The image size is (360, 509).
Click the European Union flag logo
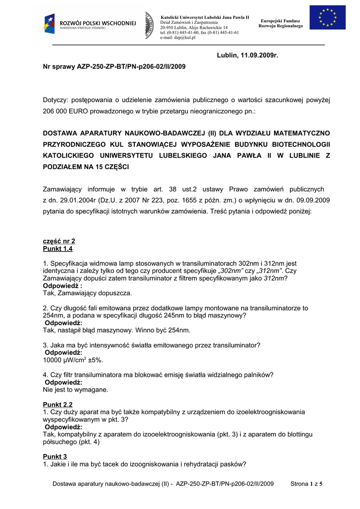[x=328, y=17]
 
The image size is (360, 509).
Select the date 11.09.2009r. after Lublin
[x=259, y=54]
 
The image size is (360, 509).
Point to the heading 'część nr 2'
[x=59, y=241]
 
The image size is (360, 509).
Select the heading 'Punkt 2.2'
[x=58, y=405]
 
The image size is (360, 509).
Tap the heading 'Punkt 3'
[x=55, y=456]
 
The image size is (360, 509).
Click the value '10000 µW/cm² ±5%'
[x=73, y=359]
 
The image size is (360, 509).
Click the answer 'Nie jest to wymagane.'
[x=76, y=390]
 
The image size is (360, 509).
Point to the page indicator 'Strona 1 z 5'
[x=306, y=484]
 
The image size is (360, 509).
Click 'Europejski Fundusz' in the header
[x=280, y=21]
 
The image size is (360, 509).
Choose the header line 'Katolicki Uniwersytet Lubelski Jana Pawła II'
[x=204, y=17]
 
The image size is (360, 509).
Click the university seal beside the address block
[x=149, y=25]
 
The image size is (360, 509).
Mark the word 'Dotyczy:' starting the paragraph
[x=59, y=100]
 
